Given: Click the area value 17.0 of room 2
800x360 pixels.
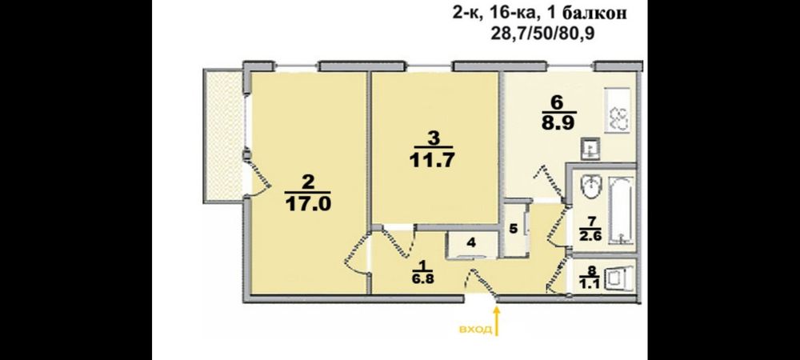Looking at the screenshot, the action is click(308, 203).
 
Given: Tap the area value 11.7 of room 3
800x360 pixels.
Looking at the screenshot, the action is click(432, 160).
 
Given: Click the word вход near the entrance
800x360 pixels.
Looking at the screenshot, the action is click(475, 330).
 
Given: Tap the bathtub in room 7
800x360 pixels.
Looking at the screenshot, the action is click(621, 210).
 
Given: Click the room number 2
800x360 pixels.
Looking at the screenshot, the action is click(308, 182).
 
